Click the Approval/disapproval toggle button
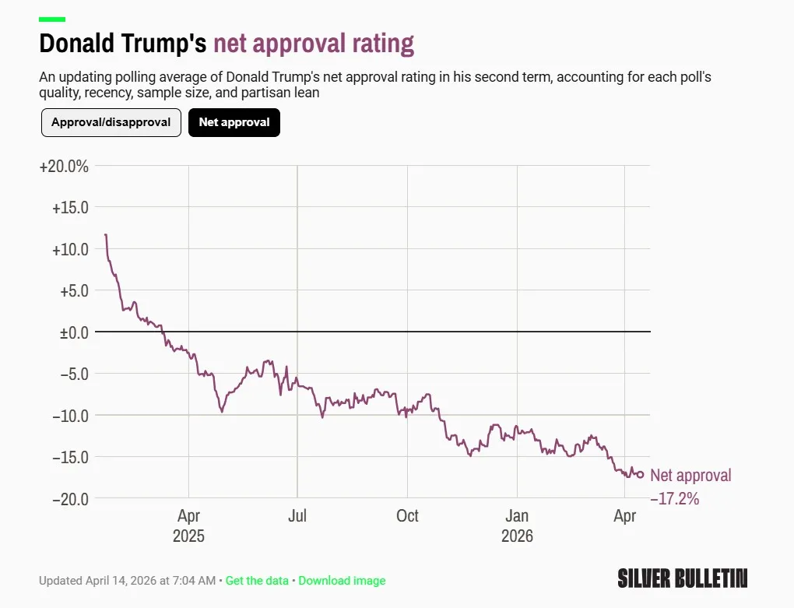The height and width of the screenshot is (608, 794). pyautogui.click(x=111, y=122)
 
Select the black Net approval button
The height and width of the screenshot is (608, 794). pyautogui.click(x=234, y=122)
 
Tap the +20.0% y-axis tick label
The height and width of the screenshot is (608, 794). pyautogui.click(x=64, y=167)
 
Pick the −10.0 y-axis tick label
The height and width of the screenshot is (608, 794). pyautogui.click(x=70, y=415)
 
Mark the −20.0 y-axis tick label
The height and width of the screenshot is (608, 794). pyautogui.click(x=70, y=498)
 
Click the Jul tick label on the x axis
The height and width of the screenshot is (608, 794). pyautogui.click(x=297, y=516)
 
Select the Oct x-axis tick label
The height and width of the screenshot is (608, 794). pyautogui.click(x=407, y=516)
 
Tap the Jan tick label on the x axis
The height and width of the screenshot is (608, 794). pyautogui.click(x=517, y=516)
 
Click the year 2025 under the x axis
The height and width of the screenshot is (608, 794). pyautogui.click(x=188, y=536)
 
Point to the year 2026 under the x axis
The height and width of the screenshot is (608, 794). pyautogui.click(x=517, y=536)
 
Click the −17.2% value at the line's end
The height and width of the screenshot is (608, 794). pyautogui.click(x=674, y=498)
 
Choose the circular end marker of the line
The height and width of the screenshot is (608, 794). pyautogui.click(x=641, y=475)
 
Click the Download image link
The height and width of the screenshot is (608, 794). pyautogui.click(x=342, y=581)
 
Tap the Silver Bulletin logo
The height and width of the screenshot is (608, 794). pyautogui.click(x=683, y=578)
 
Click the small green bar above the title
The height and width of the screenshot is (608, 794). pyautogui.click(x=52, y=19)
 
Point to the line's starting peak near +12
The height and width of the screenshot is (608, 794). pyautogui.click(x=106, y=234)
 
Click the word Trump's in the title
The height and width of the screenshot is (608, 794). pyautogui.click(x=167, y=44)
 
